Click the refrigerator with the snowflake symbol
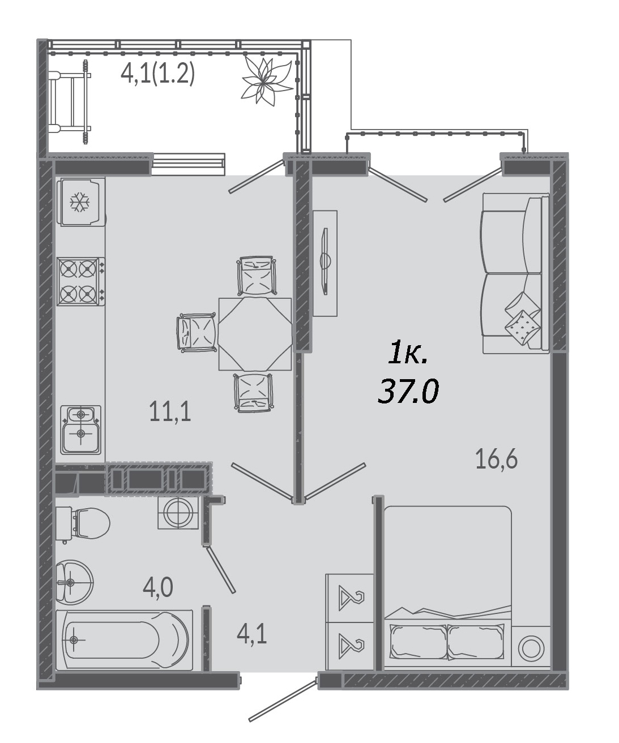81,202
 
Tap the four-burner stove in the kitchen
81,281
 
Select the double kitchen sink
81,430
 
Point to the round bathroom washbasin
74,582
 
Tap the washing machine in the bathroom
178,513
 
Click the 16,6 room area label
497,459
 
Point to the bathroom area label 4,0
158,587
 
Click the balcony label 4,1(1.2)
158,74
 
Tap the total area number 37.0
408,390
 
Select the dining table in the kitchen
255,334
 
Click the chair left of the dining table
197,333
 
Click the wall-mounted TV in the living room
325,261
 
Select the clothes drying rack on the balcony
70,102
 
